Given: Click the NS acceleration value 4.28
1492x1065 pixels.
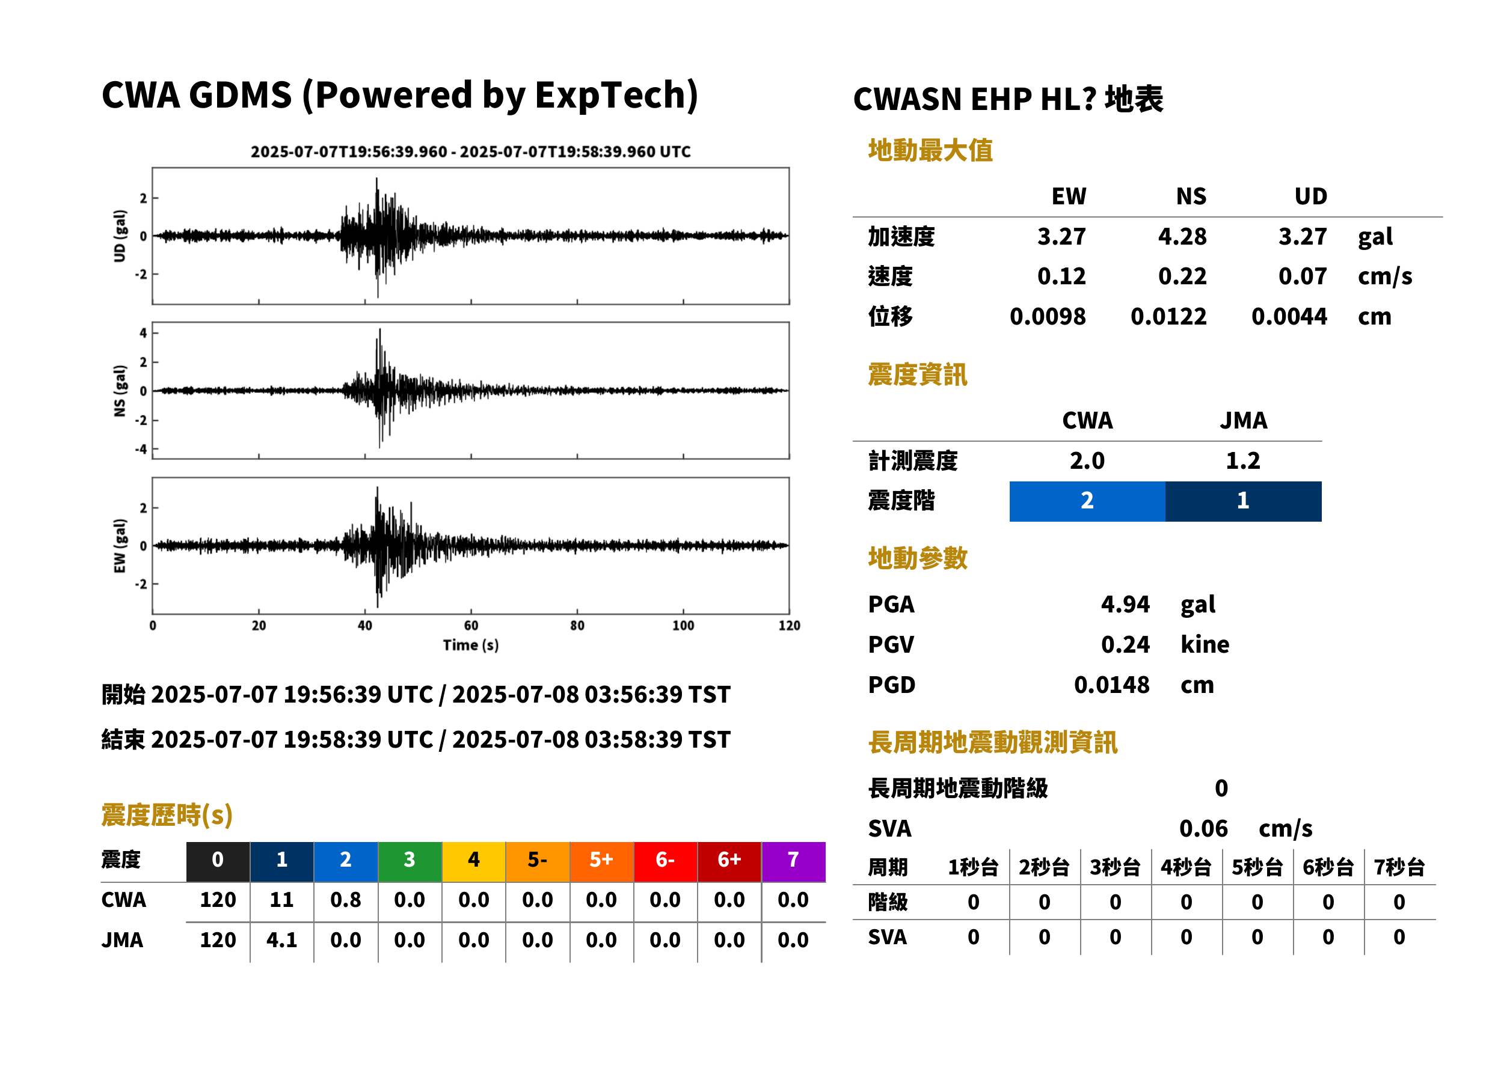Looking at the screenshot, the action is (x=1182, y=237).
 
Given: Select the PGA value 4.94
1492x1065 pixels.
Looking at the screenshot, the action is (x=1125, y=604).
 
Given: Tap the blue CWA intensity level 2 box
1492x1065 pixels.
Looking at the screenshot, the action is (x=1087, y=501).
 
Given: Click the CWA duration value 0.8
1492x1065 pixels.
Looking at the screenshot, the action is (x=346, y=900).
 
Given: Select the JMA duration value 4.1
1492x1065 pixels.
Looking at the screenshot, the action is (x=281, y=940).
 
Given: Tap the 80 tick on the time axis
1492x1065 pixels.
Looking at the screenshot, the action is (x=577, y=626).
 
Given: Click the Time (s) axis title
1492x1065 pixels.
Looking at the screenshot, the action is (x=470, y=645).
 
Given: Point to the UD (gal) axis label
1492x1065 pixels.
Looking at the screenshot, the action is (x=120, y=236).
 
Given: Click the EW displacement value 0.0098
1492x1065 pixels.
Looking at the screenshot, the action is (x=1048, y=317).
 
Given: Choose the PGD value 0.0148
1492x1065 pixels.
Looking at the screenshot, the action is (x=1111, y=685).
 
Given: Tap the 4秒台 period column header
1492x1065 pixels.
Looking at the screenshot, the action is (x=1185, y=867).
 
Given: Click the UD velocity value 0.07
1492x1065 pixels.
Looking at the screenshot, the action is (x=1303, y=276).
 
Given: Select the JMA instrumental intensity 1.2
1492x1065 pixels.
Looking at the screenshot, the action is (x=1242, y=461).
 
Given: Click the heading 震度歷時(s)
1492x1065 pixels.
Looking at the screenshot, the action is (x=167, y=815).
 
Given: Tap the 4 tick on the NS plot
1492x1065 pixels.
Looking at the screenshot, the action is (x=143, y=333).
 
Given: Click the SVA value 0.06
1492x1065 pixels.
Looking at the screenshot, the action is (x=1203, y=828).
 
